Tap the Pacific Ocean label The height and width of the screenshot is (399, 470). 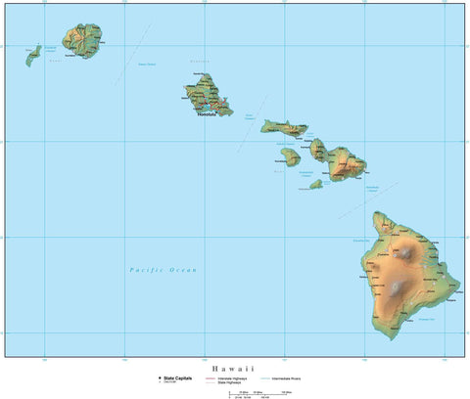click(163, 269)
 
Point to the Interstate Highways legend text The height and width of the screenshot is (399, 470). click(234, 377)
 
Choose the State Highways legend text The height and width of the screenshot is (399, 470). click(231, 381)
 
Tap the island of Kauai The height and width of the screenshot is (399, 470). click(82, 40)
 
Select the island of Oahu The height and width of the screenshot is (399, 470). click(209, 99)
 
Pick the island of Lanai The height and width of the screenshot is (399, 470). click(289, 155)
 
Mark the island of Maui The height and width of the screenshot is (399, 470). click(343, 162)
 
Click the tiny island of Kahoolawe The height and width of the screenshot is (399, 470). click(315, 183)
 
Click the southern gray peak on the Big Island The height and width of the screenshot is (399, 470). click(398, 288)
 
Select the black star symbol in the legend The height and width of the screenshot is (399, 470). click(160, 377)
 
